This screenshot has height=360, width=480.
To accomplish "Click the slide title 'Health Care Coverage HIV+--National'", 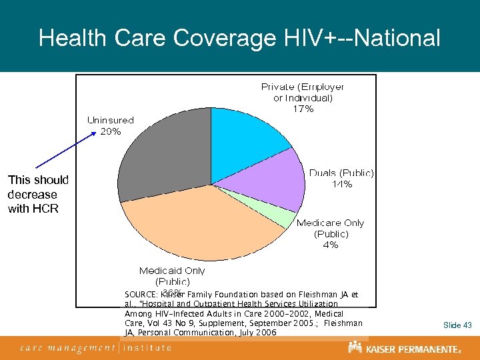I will [239, 37].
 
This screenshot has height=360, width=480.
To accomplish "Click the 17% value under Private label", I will [303, 109].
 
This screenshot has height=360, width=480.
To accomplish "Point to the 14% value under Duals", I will [342, 185].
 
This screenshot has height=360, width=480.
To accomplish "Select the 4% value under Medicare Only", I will [330, 245].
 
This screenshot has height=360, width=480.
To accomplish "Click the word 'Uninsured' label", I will [111, 120].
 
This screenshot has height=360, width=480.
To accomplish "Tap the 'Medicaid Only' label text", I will [172, 271].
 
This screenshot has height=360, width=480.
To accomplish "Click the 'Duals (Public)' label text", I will [341, 173].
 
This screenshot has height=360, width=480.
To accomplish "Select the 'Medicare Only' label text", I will [330, 223].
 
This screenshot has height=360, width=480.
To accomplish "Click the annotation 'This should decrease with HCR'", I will [37, 194].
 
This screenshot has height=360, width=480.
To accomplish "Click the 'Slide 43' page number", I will [457, 325].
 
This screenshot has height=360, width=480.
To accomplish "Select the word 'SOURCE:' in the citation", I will [141, 294].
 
